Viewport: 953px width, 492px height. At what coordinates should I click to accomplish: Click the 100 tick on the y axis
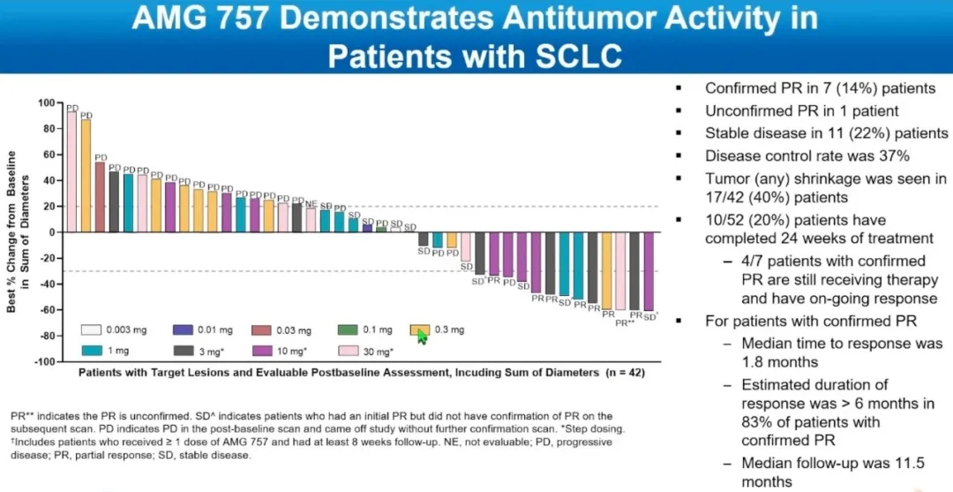[46, 102]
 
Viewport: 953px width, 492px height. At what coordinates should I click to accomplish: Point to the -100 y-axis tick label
[43, 361]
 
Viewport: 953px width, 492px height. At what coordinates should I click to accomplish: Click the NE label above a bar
[311, 203]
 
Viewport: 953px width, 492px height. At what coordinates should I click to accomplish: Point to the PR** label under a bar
[624, 322]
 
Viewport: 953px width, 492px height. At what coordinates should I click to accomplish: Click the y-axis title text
[19, 231]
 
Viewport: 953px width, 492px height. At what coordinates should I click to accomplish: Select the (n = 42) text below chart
[622, 373]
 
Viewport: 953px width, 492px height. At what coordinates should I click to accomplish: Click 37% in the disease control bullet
[892, 156]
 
